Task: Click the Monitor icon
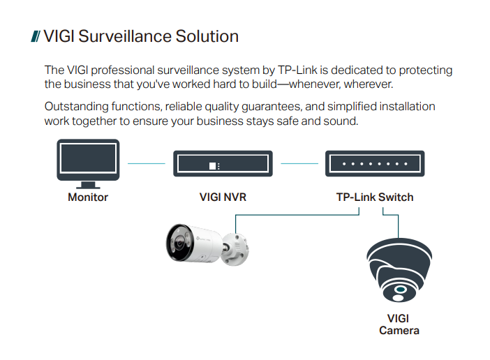point(88,161)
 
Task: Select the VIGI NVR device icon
point(223,165)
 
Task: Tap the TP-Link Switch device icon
point(375,165)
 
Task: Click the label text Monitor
point(88,197)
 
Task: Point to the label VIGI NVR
point(223,197)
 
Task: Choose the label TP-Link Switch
point(375,197)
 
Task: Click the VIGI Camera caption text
point(399,324)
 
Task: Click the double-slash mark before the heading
point(36,36)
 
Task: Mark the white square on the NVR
point(213,165)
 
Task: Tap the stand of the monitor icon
point(88,184)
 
